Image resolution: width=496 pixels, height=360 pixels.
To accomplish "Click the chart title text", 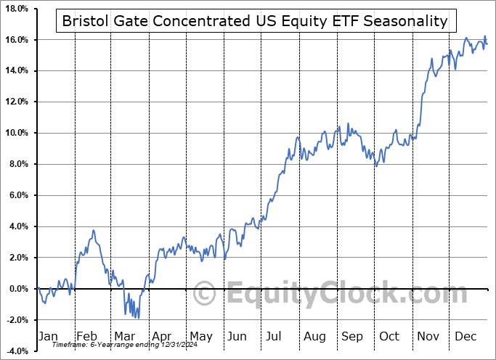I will [255, 21].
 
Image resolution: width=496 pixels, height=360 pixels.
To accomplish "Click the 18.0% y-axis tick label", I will [16, 9].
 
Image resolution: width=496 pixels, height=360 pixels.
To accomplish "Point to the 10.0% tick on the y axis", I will [16, 133].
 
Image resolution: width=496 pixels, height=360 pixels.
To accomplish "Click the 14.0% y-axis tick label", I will [16, 70].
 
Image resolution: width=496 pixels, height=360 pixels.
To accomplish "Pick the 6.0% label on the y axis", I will [17, 195].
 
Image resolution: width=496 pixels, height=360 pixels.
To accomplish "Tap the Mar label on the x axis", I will [124, 336].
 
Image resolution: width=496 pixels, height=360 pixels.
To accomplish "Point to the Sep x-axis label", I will [352, 336].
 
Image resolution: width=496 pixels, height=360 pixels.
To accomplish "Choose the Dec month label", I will [466, 336].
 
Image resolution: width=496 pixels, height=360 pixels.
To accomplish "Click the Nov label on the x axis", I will [428, 336].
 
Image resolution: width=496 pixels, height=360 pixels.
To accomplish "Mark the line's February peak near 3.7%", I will [93, 231].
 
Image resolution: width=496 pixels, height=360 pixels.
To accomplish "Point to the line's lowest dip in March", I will [138, 317].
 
